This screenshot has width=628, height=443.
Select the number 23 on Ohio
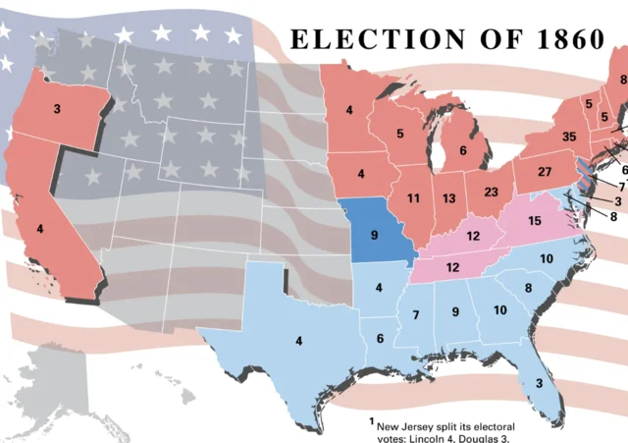click(x=492, y=193)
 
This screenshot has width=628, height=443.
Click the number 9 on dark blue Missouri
click(x=373, y=236)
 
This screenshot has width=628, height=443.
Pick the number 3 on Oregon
click(x=58, y=107)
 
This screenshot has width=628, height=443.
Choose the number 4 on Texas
click(x=294, y=341)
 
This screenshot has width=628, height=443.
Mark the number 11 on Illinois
click(x=414, y=198)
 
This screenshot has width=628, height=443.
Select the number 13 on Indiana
click(x=449, y=198)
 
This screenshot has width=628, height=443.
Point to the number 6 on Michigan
click(x=463, y=151)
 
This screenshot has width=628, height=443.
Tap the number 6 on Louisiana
click(x=379, y=339)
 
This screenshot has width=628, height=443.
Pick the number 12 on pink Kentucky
click(x=473, y=236)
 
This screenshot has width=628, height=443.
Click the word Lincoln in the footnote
click(x=439, y=438)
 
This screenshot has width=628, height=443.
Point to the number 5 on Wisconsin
click(x=399, y=134)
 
